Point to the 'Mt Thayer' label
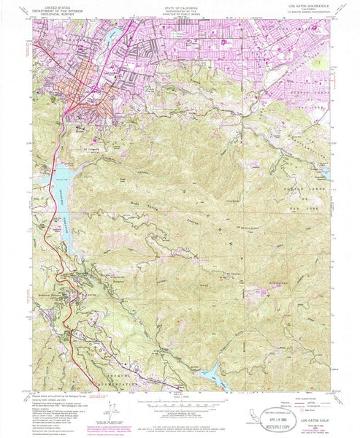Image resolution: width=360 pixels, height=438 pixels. tap(231, 274)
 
